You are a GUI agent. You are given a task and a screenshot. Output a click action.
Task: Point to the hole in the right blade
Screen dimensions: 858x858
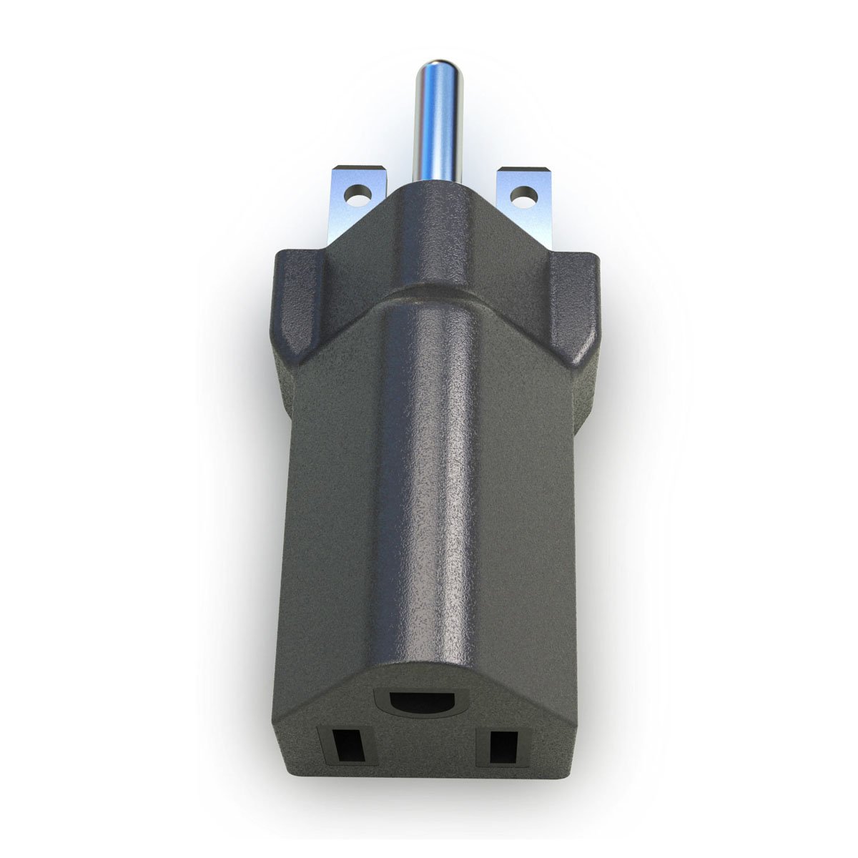pyautogui.click(x=524, y=194)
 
